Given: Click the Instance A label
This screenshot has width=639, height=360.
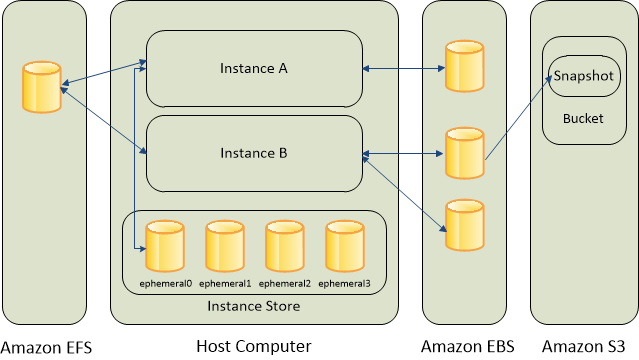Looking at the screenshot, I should coord(254,68).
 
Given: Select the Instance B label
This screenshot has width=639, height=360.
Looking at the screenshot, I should coord(254,153).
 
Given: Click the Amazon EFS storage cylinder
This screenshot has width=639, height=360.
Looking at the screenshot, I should coord(41,87).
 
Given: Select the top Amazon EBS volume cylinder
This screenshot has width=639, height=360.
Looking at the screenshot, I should coord(464,66).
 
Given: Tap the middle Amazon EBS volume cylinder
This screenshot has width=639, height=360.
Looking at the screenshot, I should coord(464,152).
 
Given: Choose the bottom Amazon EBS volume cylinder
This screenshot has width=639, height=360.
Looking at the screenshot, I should coord(464,225).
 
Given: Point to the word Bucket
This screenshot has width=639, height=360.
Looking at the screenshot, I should coord(582,118).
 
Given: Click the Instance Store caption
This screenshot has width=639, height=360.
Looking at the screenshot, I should coord(253,305).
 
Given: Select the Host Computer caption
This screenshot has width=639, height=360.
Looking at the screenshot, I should coord(253,346).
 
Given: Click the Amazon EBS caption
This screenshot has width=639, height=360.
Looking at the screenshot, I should coord(467,346).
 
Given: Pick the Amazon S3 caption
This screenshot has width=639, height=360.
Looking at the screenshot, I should coord(590,346).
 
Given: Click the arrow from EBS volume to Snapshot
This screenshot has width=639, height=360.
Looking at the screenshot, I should coord(518,118).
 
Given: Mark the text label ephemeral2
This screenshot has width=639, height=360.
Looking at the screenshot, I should coord(286,284).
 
